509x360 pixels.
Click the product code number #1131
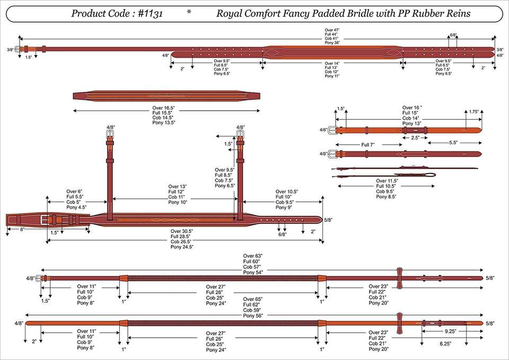click(x=150, y=14)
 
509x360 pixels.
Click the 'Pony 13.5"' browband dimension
click(x=164, y=122)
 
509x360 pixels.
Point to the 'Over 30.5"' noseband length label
click(x=182, y=231)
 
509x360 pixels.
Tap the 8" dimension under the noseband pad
click(x=22, y=229)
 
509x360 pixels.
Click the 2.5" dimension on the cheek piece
click(x=415, y=138)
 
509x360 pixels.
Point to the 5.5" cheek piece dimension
click(x=453, y=143)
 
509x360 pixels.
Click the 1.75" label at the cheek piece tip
click(x=473, y=112)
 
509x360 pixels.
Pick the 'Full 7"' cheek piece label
click(x=368, y=145)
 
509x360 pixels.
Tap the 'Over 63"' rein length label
click(x=252, y=256)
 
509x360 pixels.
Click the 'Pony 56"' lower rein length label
click(x=253, y=315)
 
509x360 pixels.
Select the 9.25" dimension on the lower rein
click(x=451, y=331)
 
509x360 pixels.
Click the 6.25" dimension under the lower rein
click(x=445, y=344)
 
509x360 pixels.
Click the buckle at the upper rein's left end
click(x=40, y=278)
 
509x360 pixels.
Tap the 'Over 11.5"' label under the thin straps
click(x=387, y=181)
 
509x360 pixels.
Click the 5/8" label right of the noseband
click(x=328, y=220)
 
